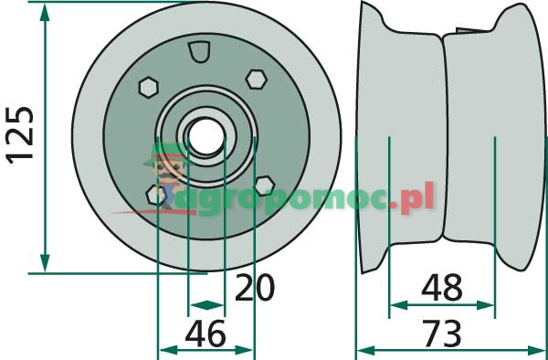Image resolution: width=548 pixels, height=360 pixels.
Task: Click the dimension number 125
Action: pyautogui.click(x=20, y=135)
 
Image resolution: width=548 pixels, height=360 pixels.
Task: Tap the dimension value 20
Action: pyautogui.click(x=255, y=288)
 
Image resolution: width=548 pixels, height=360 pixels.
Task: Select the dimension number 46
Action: pyautogui.click(x=205, y=334)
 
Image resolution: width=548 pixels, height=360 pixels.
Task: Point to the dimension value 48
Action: pyautogui.click(x=442, y=287)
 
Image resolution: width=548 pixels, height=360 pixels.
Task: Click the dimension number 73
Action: pyautogui.click(x=442, y=334)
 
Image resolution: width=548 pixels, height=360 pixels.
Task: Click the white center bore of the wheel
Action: pyautogui.click(x=206, y=136)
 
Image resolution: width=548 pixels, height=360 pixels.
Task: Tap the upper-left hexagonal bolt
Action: pyautogui.click(x=149, y=87)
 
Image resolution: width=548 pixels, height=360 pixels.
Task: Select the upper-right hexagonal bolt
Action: pyautogui.click(x=256, y=79)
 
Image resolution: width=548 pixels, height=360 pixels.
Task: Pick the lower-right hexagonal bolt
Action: pyautogui.click(x=265, y=185)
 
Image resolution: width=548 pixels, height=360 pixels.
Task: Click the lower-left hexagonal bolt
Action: pyautogui.click(x=155, y=195)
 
